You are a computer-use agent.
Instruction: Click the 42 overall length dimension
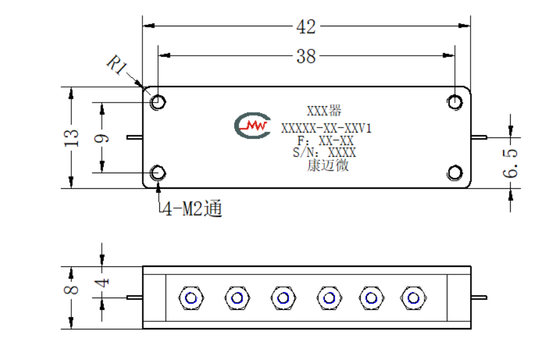(x=306, y=27)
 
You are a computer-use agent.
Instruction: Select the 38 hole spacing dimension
(x=306, y=56)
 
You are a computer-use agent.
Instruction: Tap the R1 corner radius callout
(x=117, y=64)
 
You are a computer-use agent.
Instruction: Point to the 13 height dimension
(x=71, y=138)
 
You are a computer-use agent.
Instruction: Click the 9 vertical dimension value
(x=102, y=138)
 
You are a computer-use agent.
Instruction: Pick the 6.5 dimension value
(x=510, y=163)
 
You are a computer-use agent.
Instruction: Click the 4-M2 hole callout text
(x=192, y=208)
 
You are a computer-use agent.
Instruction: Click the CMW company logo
(x=252, y=126)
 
